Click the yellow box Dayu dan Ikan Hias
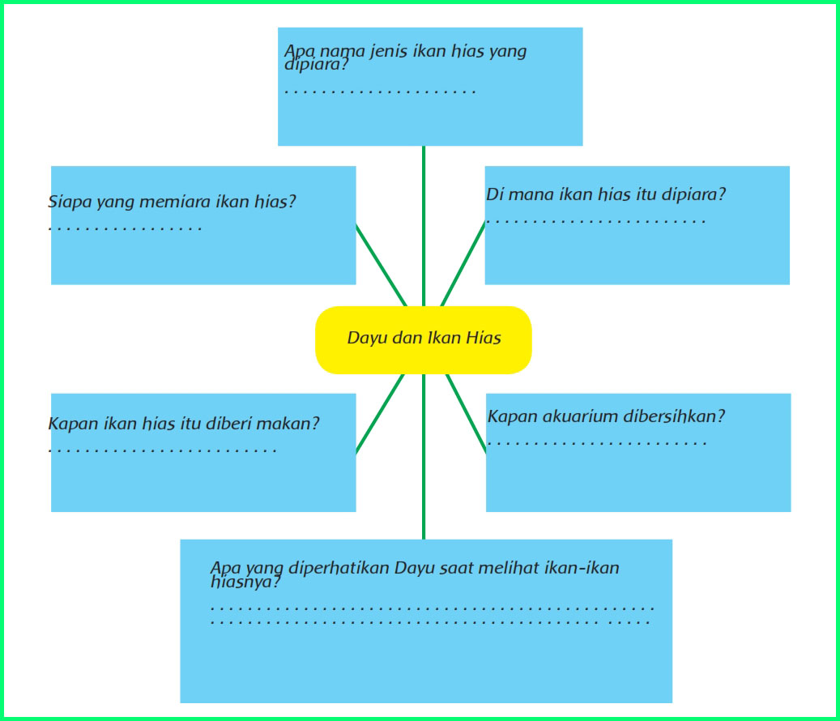tap(424, 339)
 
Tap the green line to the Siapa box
tap(381, 265)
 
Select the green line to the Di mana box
tap(463, 265)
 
